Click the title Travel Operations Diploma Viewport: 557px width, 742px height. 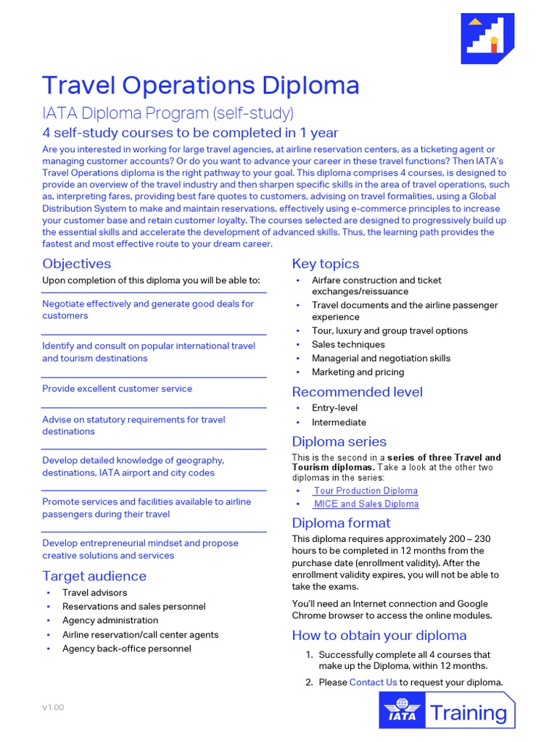pyautogui.click(x=200, y=86)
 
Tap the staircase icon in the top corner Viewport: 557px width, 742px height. pyautogui.click(x=488, y=38)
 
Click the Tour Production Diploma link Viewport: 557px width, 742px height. pyautogui.click(x=366, y=491)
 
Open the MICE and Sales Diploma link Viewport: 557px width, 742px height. pyautogui.click(x=366, y=504)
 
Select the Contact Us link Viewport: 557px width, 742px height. pyautogui.click(x=373, y=682)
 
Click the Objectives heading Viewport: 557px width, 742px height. pyautogui.click(x=76, y=264)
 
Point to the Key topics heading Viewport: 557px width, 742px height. pyautogui.click(x=325, y=264)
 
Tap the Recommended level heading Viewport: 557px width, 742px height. pyautogui.click(x=357, y=392)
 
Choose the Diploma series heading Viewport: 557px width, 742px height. pyautogui.click(x=339, y=441)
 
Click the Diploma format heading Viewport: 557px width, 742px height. pyautogui.click(x=341, y=522)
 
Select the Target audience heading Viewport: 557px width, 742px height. pyautogui.click(x=94, y=576)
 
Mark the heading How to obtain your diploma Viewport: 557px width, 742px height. pyautogui.click(x=379, y=635)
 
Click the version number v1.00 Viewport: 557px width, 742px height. pyautogui.click(x=53, y=707)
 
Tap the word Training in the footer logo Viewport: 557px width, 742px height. pyautogui.click(x=469, y=713)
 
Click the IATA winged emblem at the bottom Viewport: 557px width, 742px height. pyautogui.click(x=402, y=709)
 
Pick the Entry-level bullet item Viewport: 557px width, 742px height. pyautogui.click(x=334, y=408)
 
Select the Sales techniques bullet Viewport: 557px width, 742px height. pyautogui.click(x=348, y=344)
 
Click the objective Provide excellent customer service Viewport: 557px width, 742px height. pyautogui.click(x=117, y=388)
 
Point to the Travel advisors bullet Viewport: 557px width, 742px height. pyautogui.click(x=94, y=593)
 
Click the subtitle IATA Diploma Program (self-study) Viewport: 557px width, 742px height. pyautogui.click(x=168, y=113)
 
